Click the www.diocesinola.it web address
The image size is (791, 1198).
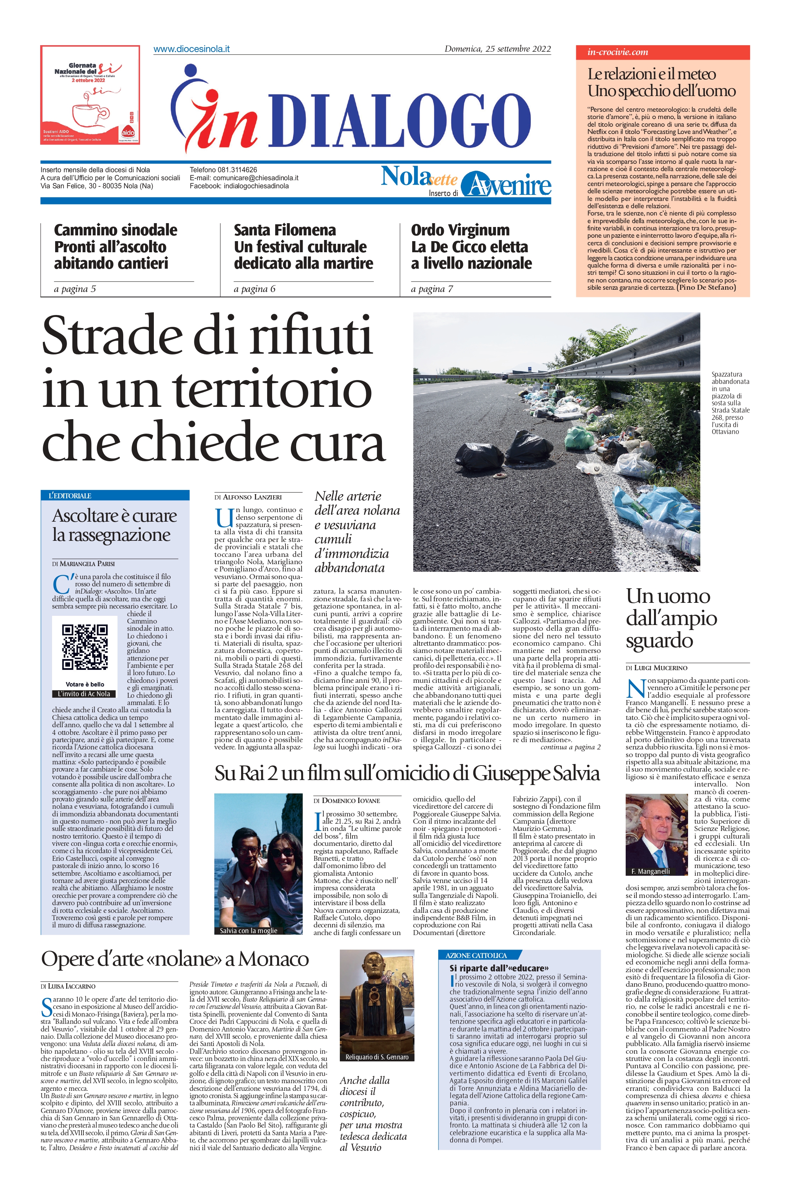point(191,49)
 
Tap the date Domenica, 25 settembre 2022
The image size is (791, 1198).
point(497,49)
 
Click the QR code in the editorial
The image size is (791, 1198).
point(85,647)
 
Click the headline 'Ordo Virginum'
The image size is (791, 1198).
point(460,230)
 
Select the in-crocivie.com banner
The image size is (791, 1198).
point(662,52)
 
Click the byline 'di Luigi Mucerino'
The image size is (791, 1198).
point(656,668)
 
